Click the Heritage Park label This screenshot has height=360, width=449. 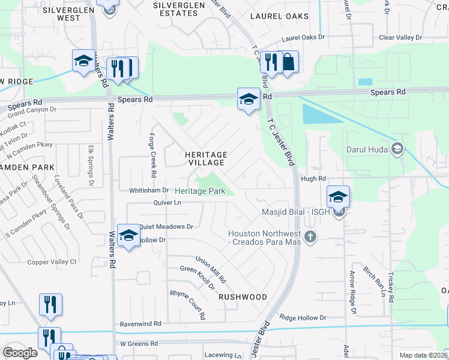pos(200,191)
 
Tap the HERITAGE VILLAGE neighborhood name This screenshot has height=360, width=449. pos(205,158)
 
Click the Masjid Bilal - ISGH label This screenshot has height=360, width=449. pos(296,211)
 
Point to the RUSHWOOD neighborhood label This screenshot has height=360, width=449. pos(243,297)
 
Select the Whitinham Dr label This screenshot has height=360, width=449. pos(149,190)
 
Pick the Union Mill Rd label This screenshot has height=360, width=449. pos(211,269)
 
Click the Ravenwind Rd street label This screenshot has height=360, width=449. pos(141,323)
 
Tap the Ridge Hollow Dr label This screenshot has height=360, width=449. pos(303,317)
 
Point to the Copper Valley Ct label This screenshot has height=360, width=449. pos(52,262)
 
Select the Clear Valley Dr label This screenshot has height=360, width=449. pos(400,37)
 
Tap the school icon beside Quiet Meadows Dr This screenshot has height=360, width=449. pos(128,236)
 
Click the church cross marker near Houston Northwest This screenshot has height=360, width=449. pos(309,237)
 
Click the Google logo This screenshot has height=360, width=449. pos(20,353)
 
